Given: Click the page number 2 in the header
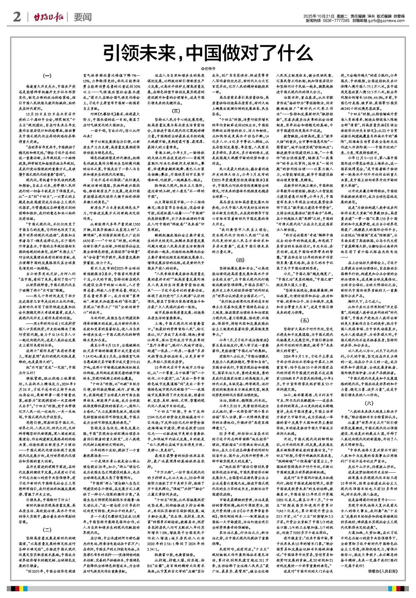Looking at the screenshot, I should tap(17, 17).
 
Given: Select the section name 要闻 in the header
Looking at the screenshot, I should tap(82, 17).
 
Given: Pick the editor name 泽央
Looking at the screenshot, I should tap(372, 15).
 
